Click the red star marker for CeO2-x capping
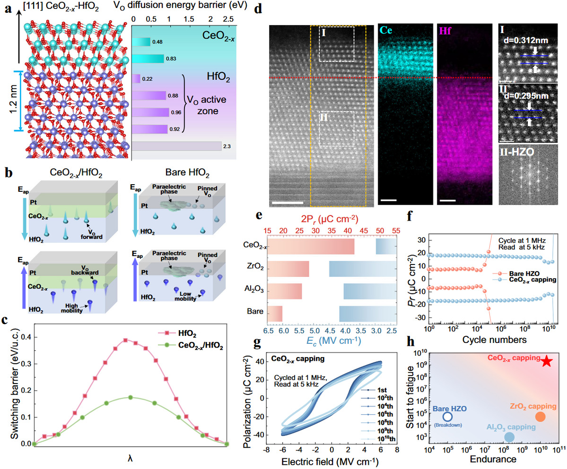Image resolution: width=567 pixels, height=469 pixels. (x=546, y=361)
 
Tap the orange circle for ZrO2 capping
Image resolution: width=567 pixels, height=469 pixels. (x=541, y=417)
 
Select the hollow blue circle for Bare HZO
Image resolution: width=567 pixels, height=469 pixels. (x=447, y=417)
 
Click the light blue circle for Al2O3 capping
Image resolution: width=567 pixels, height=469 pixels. (x=509, y=437)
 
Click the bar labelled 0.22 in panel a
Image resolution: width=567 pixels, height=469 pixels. (x=137, y=79)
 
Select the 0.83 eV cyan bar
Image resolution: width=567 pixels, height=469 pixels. (x=148, y=59)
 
